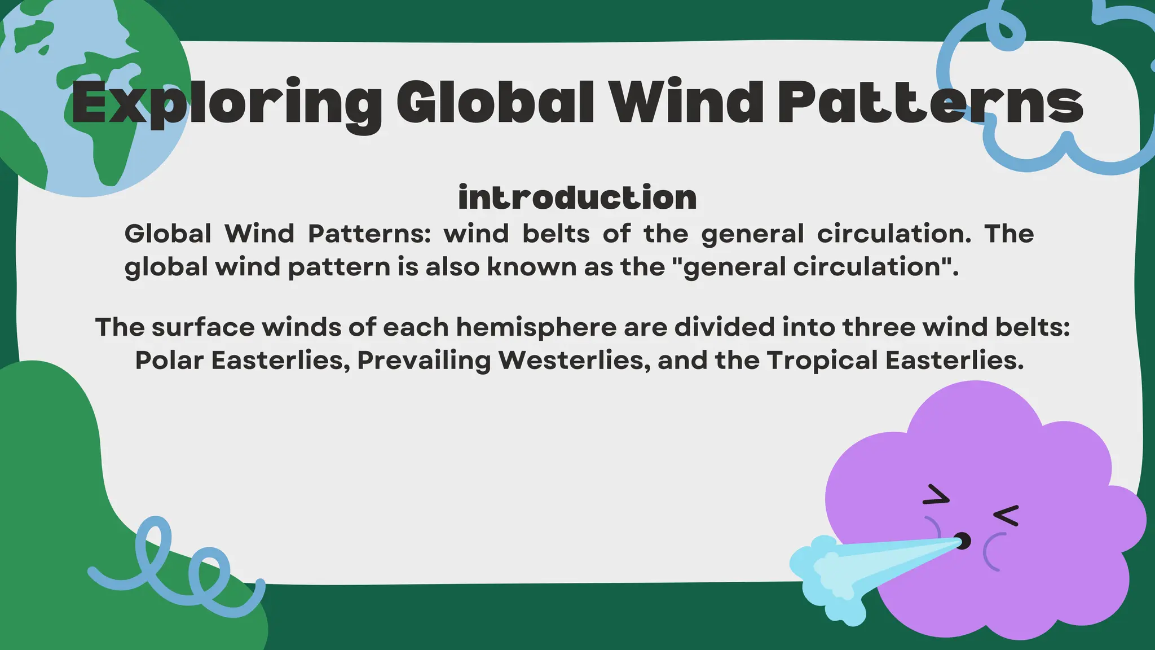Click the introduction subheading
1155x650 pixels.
[x=577, y=197]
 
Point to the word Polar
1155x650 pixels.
[x=169, y=361]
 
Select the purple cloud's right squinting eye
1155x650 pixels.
[x=1006, y=515]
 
